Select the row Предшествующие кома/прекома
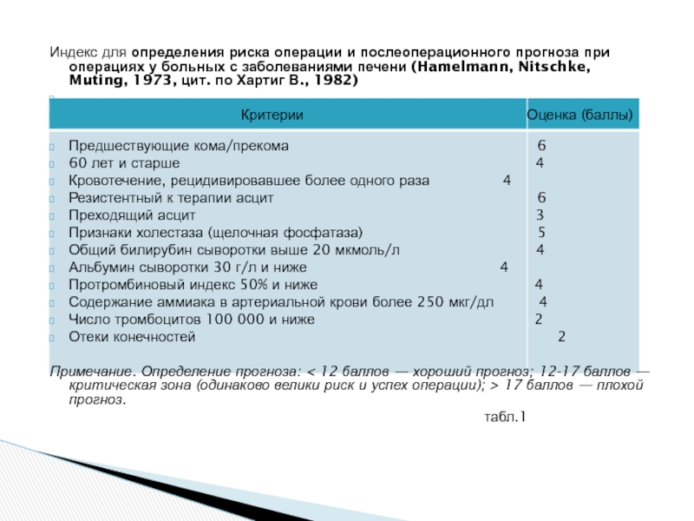click(179, 146)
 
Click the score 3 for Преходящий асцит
click(540, 215)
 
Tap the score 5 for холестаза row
click(541, 233)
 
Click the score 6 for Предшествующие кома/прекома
click(541, 146)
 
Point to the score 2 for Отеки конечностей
click(561, 337)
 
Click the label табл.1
click(504, 418)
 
